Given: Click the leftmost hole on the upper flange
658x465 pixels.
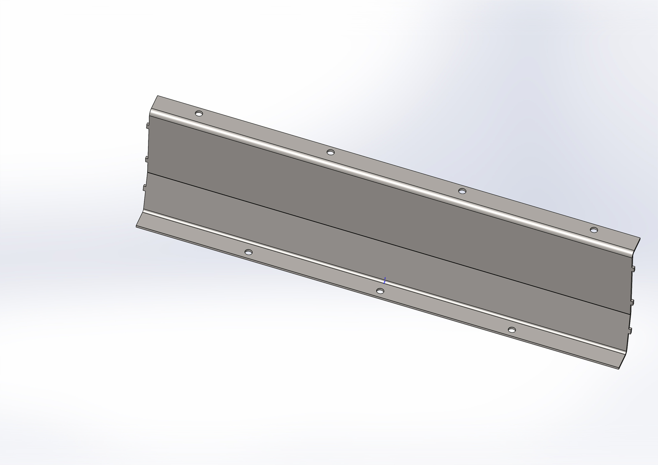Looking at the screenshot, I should (x=199, y=113).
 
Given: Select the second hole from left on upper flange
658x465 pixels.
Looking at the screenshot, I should (x=330, y=153).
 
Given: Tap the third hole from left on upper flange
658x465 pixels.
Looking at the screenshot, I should (x=462, y=191).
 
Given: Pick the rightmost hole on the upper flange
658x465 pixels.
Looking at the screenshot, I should (x=593, y=229).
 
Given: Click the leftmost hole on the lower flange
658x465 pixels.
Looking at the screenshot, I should (x=248, y=252).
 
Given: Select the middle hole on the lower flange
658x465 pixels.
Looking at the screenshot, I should (x=380, y=291).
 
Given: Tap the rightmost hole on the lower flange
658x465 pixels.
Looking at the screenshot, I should (x=512, y=330).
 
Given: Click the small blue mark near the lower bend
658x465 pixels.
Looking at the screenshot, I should (x=385, y=281).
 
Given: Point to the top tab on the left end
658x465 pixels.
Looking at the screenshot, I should (x=146, y=125).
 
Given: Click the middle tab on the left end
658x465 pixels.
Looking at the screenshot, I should (x=145, y=159).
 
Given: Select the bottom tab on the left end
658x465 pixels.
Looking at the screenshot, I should (x=144, y=187).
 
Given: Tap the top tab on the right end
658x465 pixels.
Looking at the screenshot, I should (x=633, y=269).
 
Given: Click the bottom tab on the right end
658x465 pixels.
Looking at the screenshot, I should (x=630, y=331).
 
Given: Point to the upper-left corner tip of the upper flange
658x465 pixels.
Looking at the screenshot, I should (x=157, y=96).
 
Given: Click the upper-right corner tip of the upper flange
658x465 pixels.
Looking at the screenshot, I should (x=640, y=238).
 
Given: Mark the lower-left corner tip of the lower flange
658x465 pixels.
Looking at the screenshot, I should (x=136, y=226).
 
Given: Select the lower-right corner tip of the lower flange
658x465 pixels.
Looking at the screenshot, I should (x=619, y=369).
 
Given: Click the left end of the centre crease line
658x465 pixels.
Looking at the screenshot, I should (x=146, y=173).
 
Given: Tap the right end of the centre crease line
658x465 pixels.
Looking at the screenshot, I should (x=629, y=315).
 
